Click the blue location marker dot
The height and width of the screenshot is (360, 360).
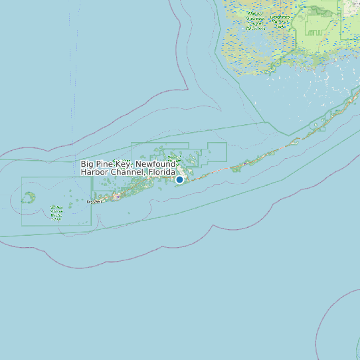click(179, 179)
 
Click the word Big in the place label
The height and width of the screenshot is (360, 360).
click(88, 164)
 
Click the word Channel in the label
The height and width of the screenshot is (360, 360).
click(129, 172)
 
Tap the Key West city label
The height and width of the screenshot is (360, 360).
click(94, 201)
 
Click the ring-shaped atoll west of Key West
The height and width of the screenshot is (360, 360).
click(29, 197)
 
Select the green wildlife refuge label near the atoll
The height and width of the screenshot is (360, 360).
click(56, 213)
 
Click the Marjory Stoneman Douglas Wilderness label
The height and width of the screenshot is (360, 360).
click(255, 21)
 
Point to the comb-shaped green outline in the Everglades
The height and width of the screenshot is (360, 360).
click(317, 30)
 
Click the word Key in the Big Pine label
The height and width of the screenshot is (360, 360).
click(124, 164)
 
